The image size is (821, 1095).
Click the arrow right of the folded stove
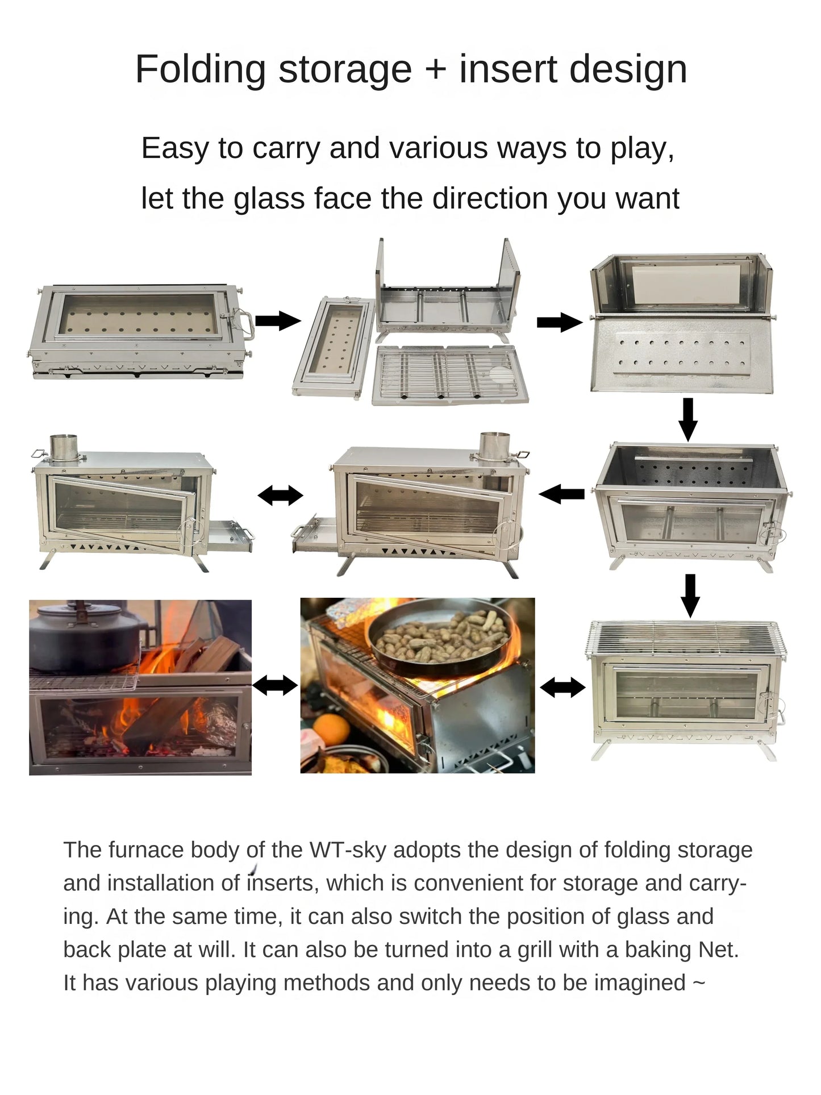[x=278, y=321]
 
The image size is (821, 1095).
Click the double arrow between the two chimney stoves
[x=280, y=496]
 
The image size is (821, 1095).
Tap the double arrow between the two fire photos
[x=275, y=686]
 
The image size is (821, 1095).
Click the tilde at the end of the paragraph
[x=699, y=983]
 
